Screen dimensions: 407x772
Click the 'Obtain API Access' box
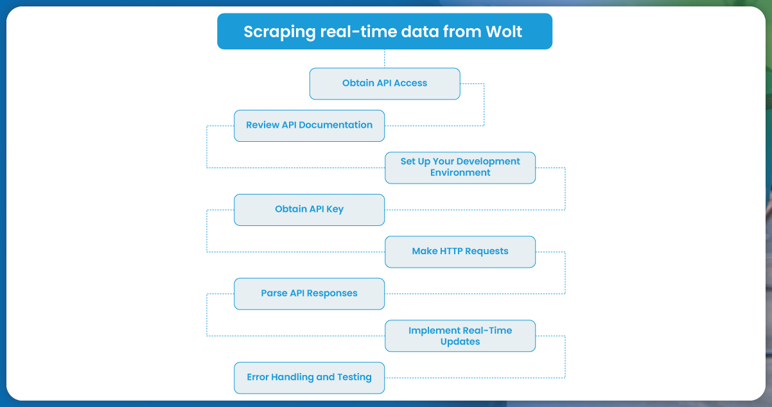click(385, 83)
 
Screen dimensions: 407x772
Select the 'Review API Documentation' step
click(309, 125)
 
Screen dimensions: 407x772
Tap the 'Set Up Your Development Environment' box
click(460, 168)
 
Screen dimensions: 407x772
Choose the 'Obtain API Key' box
click(309, 209)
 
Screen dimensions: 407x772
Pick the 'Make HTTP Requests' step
click(460, 251)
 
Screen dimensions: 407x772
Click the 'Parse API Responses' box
click(309, 293)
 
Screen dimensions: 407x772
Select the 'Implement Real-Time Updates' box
click(460, 336)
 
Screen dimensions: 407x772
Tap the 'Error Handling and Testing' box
click(309, 377)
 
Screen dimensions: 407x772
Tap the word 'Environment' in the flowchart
click(460, 173)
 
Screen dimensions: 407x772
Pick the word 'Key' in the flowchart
click(335, 209)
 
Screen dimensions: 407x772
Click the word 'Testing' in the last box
click(353, 377)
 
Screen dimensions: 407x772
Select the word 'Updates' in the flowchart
click(460, 342)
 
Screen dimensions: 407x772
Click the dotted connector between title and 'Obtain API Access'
click(385, 58)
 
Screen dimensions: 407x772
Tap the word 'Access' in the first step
click(410, 83)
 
